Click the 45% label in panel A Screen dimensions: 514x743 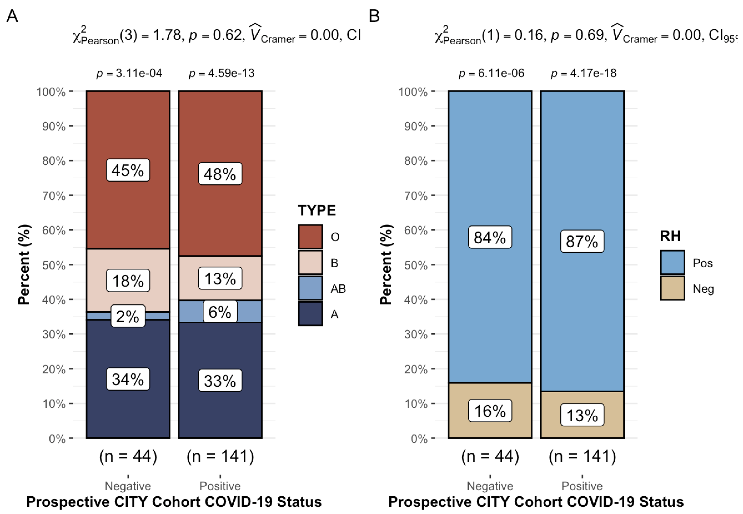pos(128,170)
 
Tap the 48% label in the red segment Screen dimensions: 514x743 pos(220,174)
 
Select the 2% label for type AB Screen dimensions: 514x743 pos(128,316)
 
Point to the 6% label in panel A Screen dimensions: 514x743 pos(220,312)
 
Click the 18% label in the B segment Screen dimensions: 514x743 pos(128,280)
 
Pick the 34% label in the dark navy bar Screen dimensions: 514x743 pos(128,379)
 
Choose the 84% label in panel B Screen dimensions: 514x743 pos(490,237)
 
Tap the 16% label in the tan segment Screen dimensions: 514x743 pos(490,411)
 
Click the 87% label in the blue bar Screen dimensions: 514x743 pos(582,241)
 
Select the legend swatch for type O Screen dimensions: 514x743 pos(310,237)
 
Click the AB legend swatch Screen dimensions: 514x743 pos(310,288)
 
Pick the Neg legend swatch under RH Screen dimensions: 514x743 pos(672,288)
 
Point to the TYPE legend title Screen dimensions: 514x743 pos(317,210)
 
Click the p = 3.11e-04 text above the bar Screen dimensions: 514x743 pos(129,73)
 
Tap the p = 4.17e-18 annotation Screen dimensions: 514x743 pos(583,73)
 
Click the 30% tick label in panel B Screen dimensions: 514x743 pos(416,334)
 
